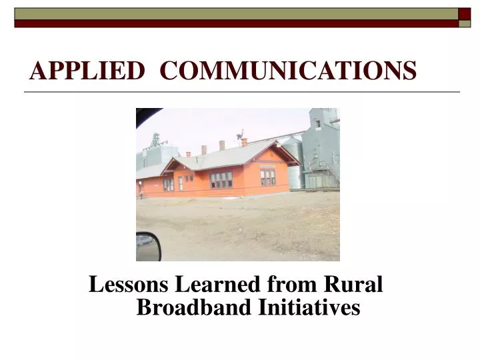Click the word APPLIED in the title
click(x=87, y=70)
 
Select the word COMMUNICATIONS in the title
click(x=289, y=70)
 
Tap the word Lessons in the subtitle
click(x=129, y=285)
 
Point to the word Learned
click(x=218, y=285)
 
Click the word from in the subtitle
click(x=293, y=285)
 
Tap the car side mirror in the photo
click(x=148, y=247)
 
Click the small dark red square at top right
click(x=464, y=13)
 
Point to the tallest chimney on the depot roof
click(x=222, y=145)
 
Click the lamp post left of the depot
click(x=141, y=188)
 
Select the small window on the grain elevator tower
click(x=318, y=124)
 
